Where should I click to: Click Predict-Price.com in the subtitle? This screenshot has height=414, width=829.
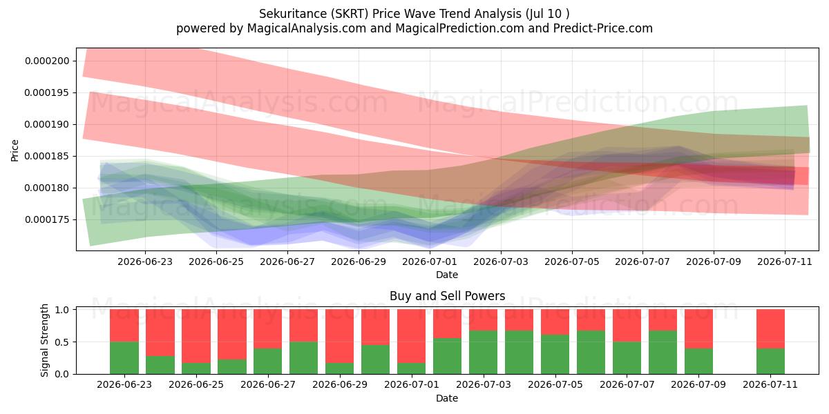pyautogui.click(x=603, y=28)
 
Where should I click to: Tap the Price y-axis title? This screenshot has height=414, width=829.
pyautogui.click(x=15, y=151)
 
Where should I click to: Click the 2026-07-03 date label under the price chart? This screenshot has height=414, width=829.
pyautogui.click(x=501, y=262)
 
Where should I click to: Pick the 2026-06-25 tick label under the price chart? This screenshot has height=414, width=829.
pyautogui.click(x=216, y=262)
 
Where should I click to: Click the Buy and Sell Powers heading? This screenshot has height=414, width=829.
pyautogui.click(x=447, y=296)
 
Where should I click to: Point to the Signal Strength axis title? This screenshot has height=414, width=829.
pyautogui.click(x=44, y=340)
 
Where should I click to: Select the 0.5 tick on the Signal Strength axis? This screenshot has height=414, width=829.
pyautogui.click(x=62, y=342)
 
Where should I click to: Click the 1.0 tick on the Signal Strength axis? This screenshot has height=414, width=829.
pyautogui.click(x=62, y=310)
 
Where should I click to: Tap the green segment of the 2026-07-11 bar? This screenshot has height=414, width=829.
pyautogui.click(x=770, y=361)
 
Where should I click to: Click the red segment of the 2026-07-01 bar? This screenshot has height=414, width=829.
pyautogui.click(x=411, y=336)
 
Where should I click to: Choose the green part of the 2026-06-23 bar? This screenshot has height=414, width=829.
pyautogui.click(x=124, y=358)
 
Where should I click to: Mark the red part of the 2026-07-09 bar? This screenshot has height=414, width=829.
pyautogui.click(x=698, y=329)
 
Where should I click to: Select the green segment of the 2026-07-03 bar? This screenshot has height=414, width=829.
pyautogui.click(x=484, y=353)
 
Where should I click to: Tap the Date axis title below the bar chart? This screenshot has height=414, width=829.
pyautogui.click(x=447, y=398)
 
